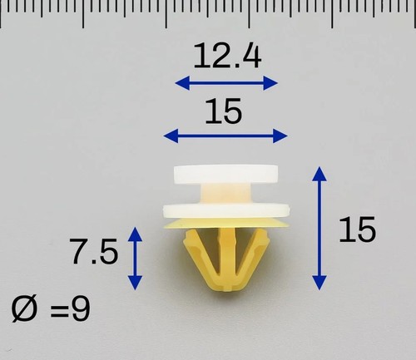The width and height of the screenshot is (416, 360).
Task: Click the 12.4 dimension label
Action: click(227, 57)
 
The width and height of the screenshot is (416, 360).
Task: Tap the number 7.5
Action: click(94, 252)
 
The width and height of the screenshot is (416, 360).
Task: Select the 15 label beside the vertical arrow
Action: click(357, 229)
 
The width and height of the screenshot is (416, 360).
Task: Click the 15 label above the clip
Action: click(224, 111)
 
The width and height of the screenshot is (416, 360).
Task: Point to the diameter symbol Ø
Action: click(24, 308)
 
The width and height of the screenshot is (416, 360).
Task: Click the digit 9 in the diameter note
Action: click(81, 308)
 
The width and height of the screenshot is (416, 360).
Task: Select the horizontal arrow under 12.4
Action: click(226, 83)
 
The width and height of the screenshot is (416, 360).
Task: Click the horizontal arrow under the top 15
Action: click(225, 136)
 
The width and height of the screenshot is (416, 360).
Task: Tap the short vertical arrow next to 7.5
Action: click(135, 259)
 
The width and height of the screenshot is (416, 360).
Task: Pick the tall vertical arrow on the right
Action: click(319, 229)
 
